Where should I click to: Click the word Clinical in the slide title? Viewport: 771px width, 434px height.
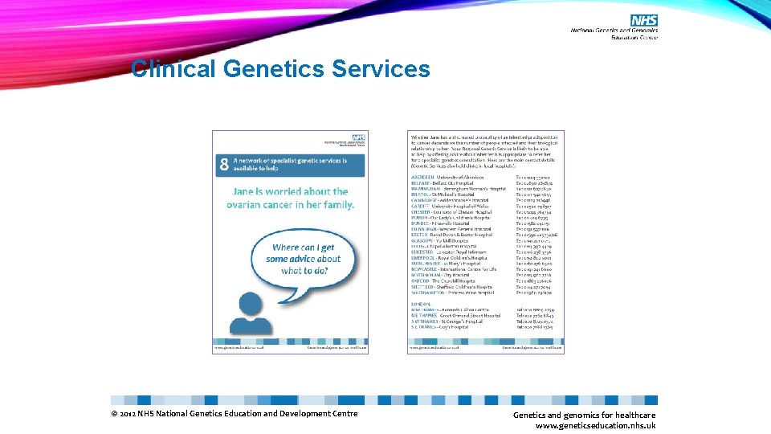pos(173,69)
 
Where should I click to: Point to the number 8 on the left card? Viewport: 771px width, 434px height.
pos(224,166)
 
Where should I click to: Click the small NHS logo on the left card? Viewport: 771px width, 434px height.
pos(358,138)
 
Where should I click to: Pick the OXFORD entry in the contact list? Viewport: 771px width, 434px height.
pos(421,280)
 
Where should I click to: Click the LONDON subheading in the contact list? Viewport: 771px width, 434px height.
pos(420,304)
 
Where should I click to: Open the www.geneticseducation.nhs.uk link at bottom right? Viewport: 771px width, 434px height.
pos(595,425)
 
